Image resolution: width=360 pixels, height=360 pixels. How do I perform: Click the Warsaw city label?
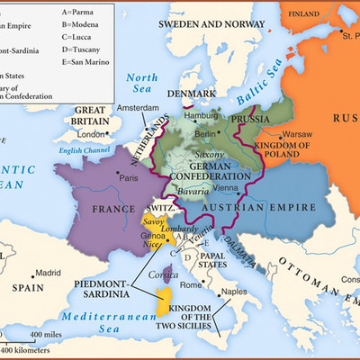(x=296, y=134)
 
